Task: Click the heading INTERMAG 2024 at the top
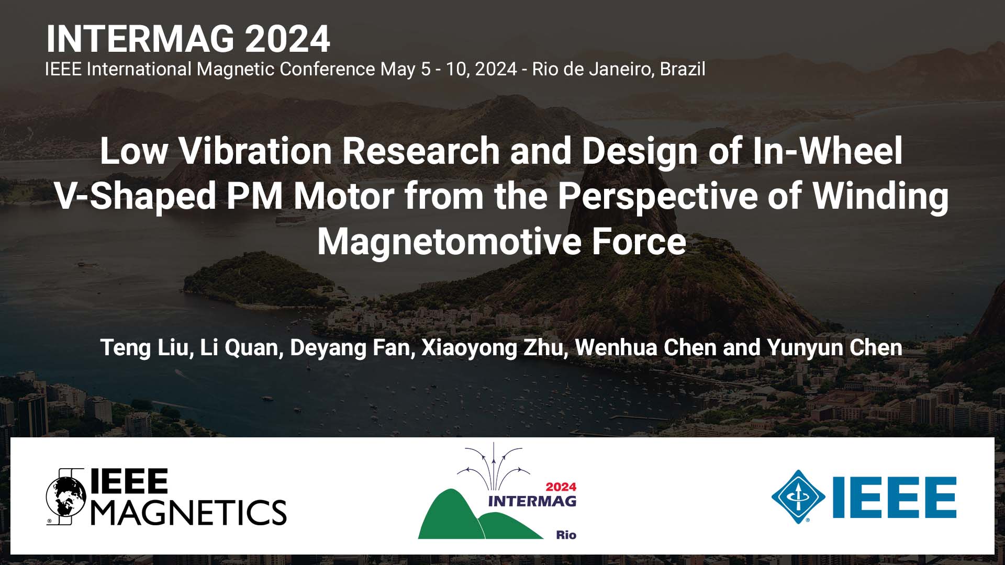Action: tap(188, 39)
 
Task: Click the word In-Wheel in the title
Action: tap(828, 151)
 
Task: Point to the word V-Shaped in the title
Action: tap(136, 196)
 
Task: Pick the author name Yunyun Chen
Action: tap(834, 348)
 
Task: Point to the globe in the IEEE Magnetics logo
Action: tap(66, 496)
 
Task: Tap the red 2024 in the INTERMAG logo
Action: tap(561, 487)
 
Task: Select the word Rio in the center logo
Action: tap(566, 535)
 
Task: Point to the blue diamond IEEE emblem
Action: tap(798, 496)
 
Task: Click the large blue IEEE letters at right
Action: tap(894, 496)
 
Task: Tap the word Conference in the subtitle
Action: tap(327, 69)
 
